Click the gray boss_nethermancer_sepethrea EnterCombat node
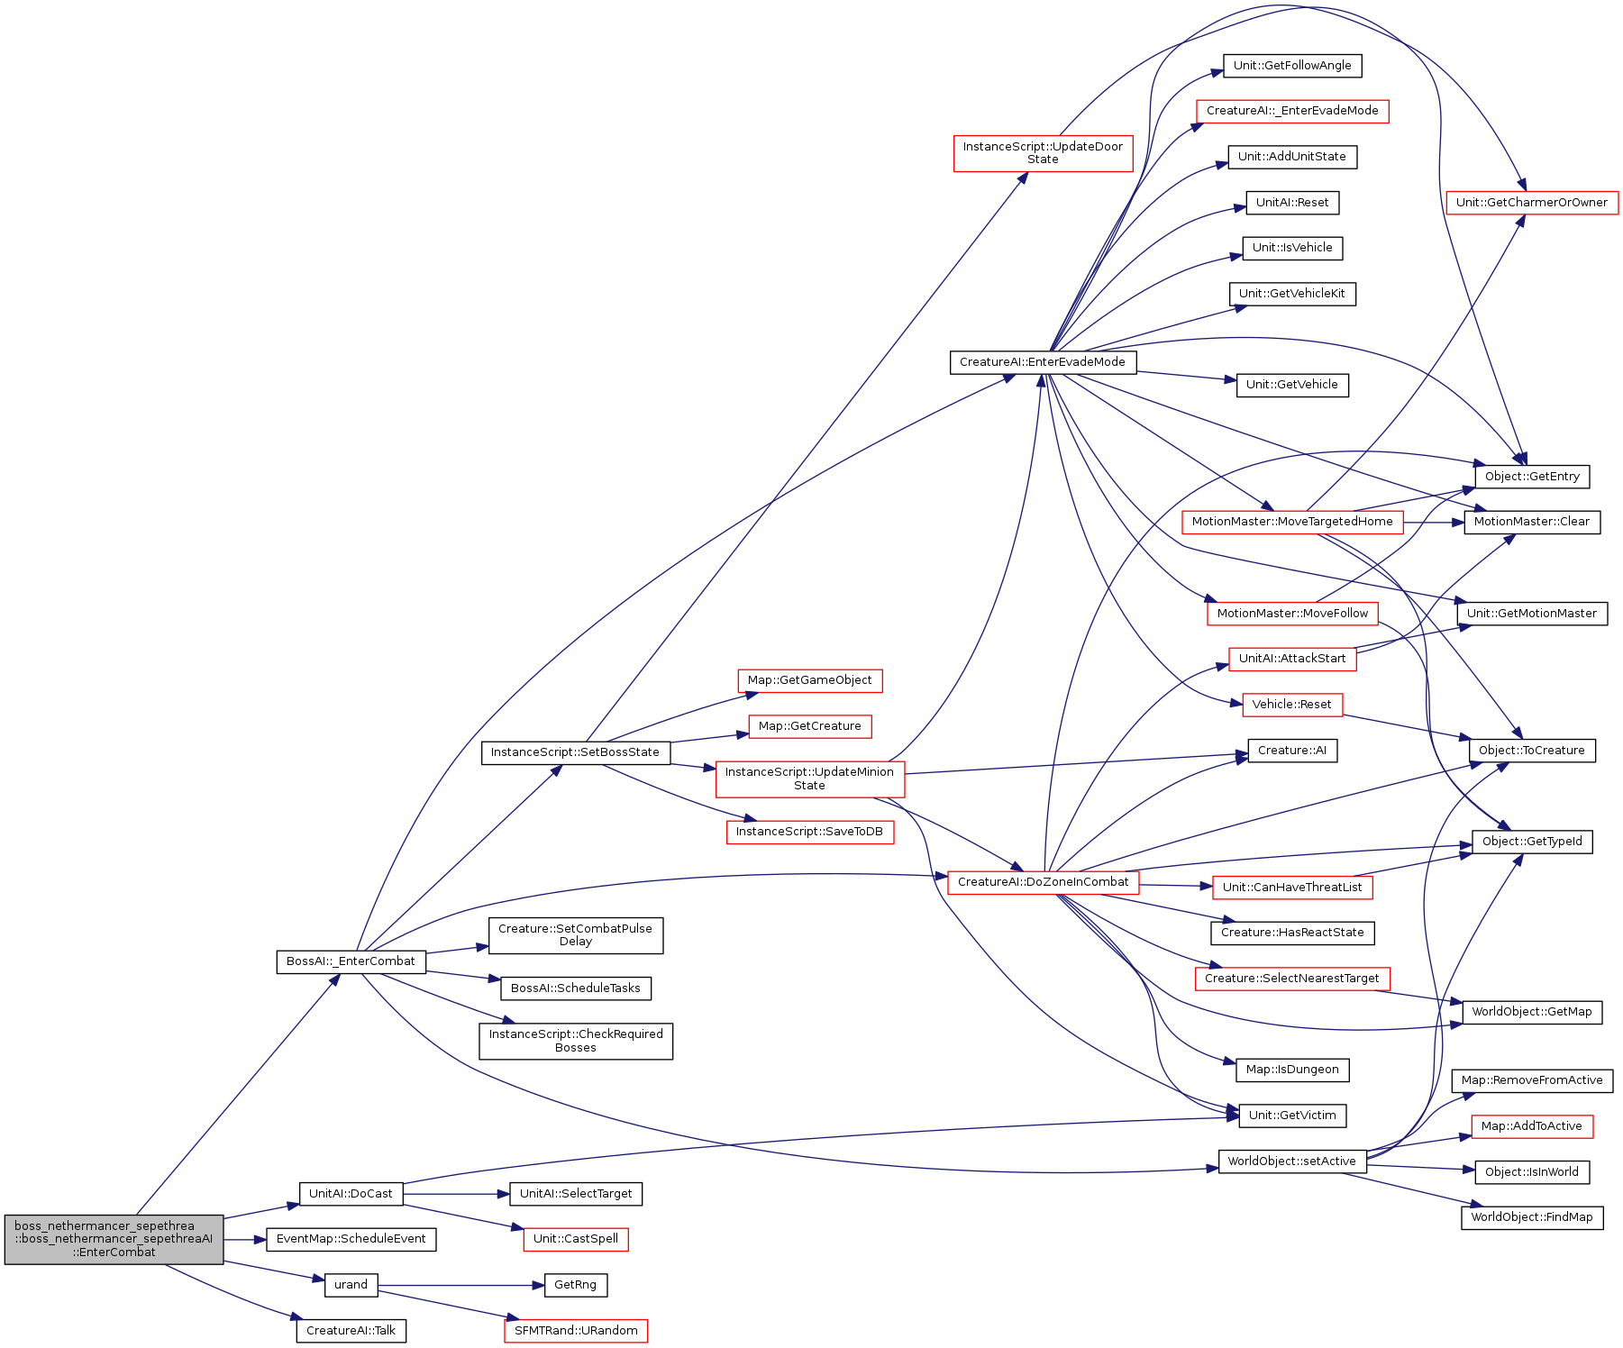tap(114, 1239)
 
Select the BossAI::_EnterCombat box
tap(351, 961)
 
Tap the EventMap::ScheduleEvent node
tap(351, 1239)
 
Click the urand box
tap(351, 1285)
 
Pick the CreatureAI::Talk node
tap(351, 1331)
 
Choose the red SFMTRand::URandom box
tap(576, 1331)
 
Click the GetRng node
tap(576, 1285)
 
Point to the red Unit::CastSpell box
tap(576, 1239)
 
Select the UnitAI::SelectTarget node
tap(576, 1194)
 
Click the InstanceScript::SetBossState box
tap(575, 752)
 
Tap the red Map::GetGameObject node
tap(810, 680)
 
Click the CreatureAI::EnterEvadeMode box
tap(1043, 362)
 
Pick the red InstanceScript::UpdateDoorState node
tap(1044, 153)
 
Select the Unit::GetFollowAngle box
tap(1292, 66)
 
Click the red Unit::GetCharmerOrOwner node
tap(1532, 203)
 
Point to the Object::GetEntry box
tap(1532, 477)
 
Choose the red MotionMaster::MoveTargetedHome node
tap(1292, 522)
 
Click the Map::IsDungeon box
tap(1292, 1070)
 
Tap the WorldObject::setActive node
tap(1292, 1161)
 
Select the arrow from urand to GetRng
tap(460, 1285)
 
